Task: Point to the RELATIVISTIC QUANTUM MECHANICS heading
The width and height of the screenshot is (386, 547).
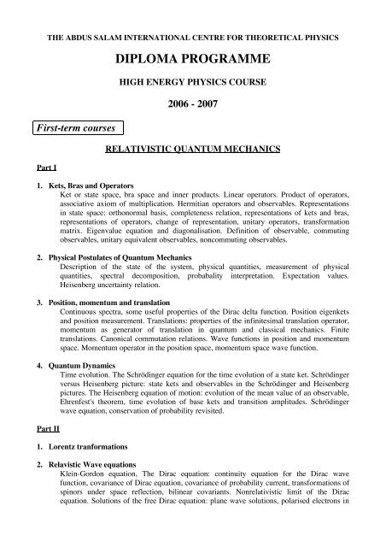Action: point(192,148)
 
